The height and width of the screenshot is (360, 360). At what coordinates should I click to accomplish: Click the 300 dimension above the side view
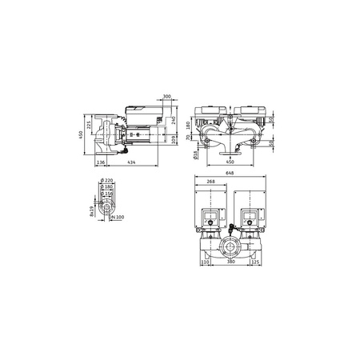pyautogui.click(x=166, y=96)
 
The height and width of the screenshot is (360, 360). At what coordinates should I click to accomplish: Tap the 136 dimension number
pyautogui.click(x=101, y=163)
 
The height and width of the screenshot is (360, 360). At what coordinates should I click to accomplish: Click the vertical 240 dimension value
pyautogui.click(x=174, y=122)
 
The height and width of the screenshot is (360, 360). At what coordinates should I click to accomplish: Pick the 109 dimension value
pyautogui.click(x=174, y=141)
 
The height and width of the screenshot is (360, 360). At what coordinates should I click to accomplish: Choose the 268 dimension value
pyautogui.click(x=211, y=181)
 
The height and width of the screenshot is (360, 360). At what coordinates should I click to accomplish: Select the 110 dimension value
pyautogui.click(x=205, y=260)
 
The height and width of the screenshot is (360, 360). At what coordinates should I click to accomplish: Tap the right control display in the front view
pyautogui.click(x=249, y=216)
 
